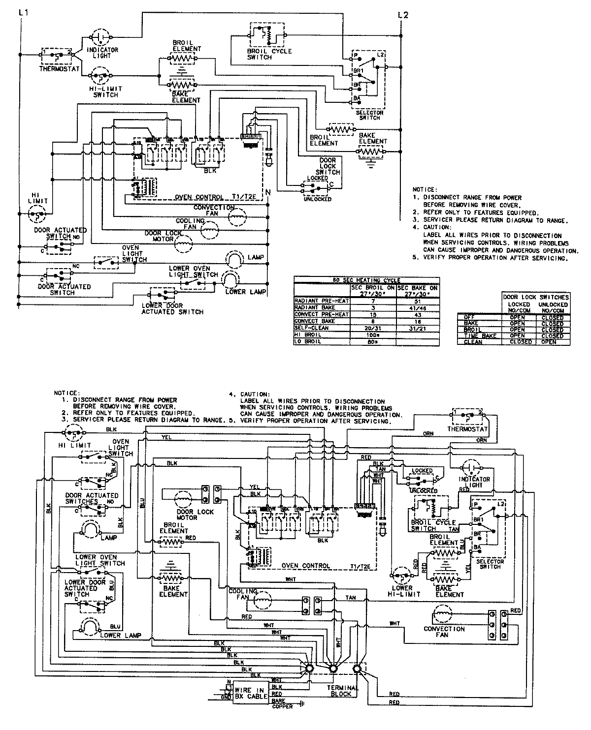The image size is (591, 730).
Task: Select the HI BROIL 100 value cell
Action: pyautogui.click(x=372, y=334)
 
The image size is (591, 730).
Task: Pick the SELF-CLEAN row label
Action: pyautogui.click(x=311, y=328)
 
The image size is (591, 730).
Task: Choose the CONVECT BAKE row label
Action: pyautogui.click(x=315, y=321)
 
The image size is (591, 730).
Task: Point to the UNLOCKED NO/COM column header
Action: pyautogui.click(x=552, y=307)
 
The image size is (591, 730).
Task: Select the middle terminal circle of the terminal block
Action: pyautogui.click(x=333, y=669)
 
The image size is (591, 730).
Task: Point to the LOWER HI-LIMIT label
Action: pyautogui.click(x=402, y=591)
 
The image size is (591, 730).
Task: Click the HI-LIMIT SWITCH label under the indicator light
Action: pyautogui.click(x=106, y=91)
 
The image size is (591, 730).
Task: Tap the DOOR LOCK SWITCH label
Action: pyautogui.click(x=328, y=166)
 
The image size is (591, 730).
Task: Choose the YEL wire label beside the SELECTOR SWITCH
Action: pyautogui.click(x=468, y=566)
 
